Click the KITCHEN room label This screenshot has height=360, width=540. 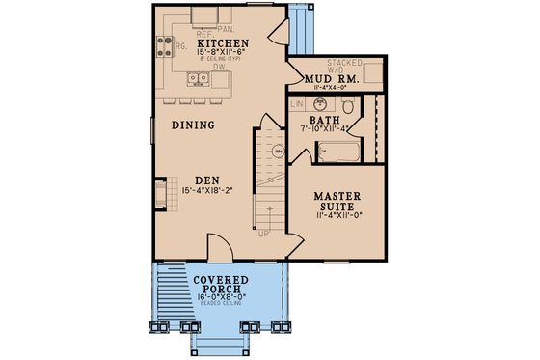(224, 44)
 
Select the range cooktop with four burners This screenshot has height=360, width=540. (162, 43)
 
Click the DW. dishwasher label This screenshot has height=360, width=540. (220, 68)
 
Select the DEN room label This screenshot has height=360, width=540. (202, 180)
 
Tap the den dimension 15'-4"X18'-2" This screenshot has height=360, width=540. (202, 191)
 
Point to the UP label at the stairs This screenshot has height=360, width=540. (263, 233)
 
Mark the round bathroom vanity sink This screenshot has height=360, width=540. (321, 104)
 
